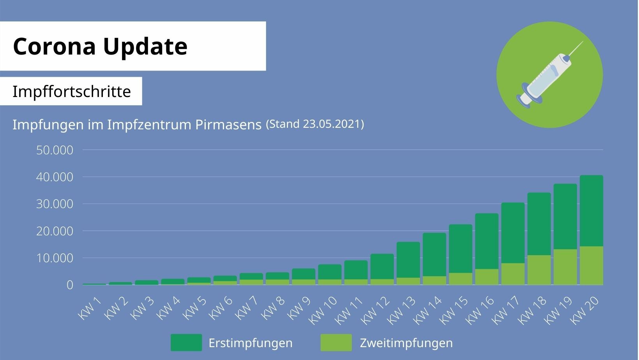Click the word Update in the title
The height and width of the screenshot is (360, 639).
click(145, 46)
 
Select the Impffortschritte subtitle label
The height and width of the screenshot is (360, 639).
click(72, 92)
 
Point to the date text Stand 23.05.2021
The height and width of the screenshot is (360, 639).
click(315, 124)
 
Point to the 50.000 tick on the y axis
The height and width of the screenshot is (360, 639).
click(55, 150)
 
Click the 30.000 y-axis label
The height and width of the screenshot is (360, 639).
click(55, 204)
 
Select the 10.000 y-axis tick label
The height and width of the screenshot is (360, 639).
click(55, 258)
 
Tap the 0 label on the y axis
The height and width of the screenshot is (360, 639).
click(70, 285)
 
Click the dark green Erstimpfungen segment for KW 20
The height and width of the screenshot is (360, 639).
click(591, 210)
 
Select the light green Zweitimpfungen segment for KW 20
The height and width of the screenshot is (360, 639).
click(591, 266)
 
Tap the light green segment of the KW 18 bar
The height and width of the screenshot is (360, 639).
click(539, 270)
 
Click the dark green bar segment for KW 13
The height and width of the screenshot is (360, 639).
click(408, 259)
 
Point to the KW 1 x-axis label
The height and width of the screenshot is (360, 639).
click(90, 308)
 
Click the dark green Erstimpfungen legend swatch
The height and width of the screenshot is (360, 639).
click(186, 343)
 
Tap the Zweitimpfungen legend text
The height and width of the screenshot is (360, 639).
click(406, 343)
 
